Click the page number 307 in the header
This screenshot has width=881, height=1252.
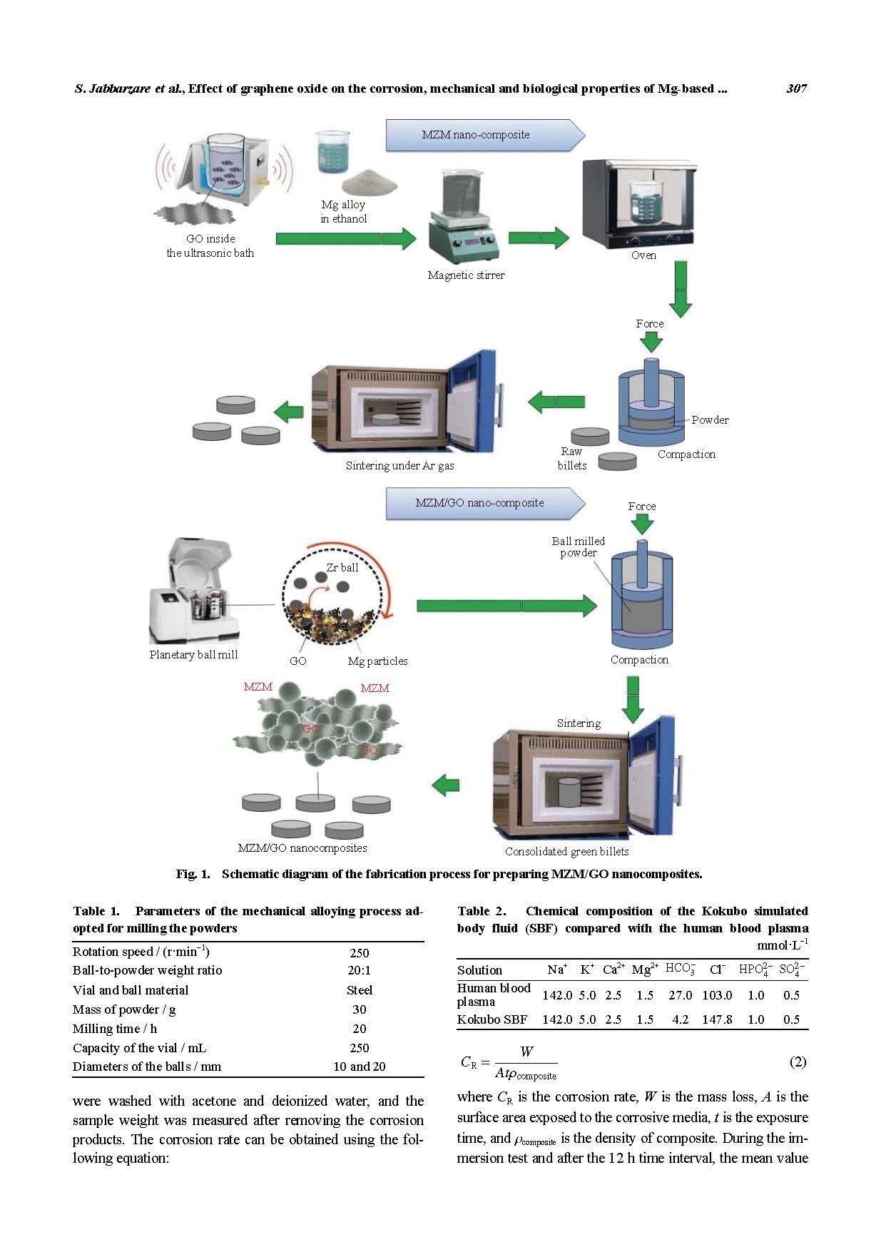(796, 88)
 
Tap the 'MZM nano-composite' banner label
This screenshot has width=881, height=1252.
(475, 134)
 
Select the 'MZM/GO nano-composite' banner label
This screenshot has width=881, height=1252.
(479, 502)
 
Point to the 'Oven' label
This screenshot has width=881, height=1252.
(643, 255)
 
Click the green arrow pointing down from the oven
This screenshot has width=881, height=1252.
(681, 288)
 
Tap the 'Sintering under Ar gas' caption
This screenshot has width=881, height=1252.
(399, 465)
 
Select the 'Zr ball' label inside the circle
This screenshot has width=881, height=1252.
(342, 567)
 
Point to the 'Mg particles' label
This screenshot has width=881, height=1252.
(377, 661)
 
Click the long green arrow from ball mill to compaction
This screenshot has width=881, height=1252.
(506, 606)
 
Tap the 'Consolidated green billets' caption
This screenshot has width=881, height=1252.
(566, 851)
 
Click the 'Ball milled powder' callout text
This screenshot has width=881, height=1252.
(578, 546)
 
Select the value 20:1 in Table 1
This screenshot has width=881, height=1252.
(359, 970)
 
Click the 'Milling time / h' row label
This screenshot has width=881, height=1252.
(115, 1028)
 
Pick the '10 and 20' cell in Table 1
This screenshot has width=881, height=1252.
(359, 1067)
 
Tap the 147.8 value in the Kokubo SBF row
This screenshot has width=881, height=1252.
(716, 1019)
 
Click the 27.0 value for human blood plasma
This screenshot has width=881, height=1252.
(680, 995)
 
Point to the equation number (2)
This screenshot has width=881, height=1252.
(798, 1062)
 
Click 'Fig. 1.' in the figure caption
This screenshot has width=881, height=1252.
(193, 874)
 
